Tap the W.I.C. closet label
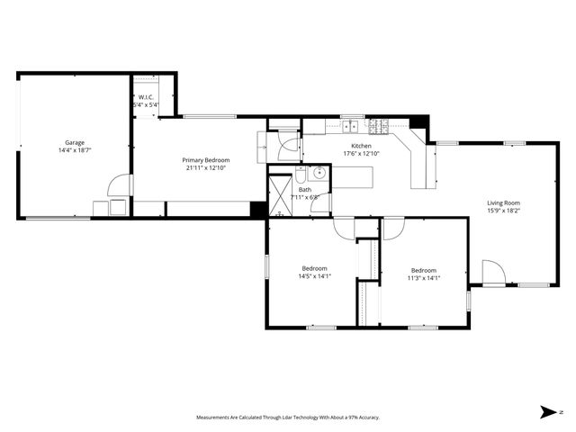(x=146, y=97)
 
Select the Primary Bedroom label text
(x=207, y=160)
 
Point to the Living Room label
(x=505, y=203)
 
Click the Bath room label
(x=305, y=190)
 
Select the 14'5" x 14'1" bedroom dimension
(x=314, y=276)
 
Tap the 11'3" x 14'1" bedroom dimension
(x=423, y=278)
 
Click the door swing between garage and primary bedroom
(x=118, y=185)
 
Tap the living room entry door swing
(x=492, y=271)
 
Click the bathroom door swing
(x=287, y=149)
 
